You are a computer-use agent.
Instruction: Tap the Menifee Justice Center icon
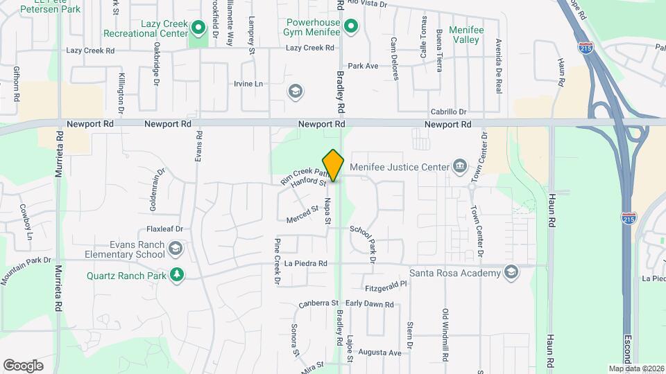pos(459,166)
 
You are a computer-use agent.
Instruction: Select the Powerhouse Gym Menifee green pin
pos(351,27)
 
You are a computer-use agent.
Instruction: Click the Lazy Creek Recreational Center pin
pos(198,28)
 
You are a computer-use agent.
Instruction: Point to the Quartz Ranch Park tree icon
pos(177,275)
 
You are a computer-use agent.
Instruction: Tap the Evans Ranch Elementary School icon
pos(177,249)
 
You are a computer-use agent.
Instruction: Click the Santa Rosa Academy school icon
pos(512,272)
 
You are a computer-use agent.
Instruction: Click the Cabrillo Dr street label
pos(448,112)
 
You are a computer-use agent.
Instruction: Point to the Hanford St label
pos(309,182)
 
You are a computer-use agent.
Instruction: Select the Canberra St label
pos(318,303)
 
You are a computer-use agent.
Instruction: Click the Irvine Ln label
pos(249,84)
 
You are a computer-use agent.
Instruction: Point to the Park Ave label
pos(363,66)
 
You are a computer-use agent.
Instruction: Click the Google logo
pos(24,365)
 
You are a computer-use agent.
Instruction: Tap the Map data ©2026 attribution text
pos(635,368)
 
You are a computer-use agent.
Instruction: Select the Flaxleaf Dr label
pos(164,229)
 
